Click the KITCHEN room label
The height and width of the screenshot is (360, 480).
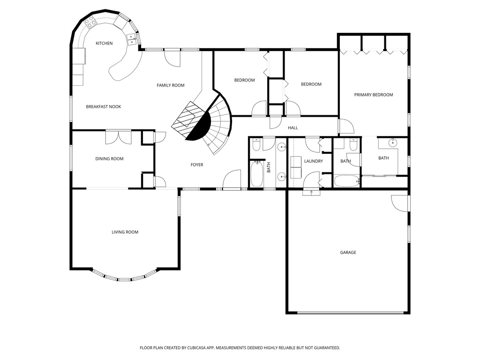point(104,44)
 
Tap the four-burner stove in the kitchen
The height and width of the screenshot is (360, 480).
point(90,22)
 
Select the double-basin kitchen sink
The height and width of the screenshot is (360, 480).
point(133,39)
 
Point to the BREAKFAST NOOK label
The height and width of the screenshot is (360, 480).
point(103,107)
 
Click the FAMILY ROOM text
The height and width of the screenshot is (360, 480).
point(170,85)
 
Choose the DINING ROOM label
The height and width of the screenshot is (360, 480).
point(109,159)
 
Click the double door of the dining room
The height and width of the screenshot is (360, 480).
point(118,137)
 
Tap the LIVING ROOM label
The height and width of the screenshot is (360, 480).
point(125,232)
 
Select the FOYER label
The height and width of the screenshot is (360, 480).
point(197,165)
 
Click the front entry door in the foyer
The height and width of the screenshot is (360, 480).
point(232,180)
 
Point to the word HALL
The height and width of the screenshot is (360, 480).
point(292,128)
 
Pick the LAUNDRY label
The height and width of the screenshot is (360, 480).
point(313,161)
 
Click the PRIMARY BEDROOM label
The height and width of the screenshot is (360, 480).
point(373,95)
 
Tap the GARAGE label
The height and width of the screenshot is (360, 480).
point(348,253)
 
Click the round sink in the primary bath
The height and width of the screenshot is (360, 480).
point(392,142)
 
